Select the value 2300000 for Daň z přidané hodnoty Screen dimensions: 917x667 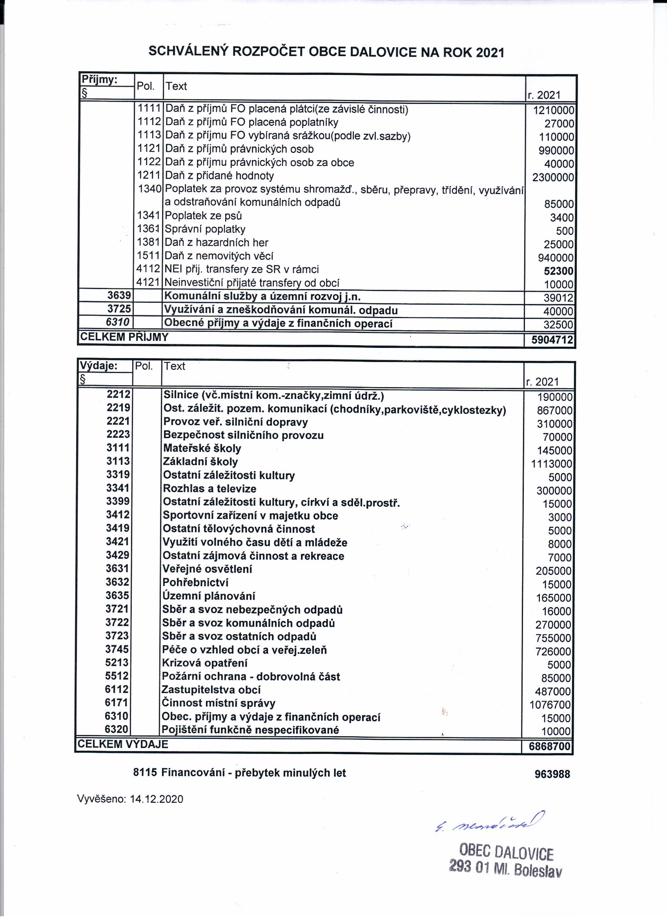tap(553, 177)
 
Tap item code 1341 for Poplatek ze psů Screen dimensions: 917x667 tap(149, 215)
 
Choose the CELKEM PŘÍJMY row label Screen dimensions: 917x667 tap(124, 337)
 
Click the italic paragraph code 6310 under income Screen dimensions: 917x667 tap(118, 322)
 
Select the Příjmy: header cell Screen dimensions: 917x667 tap(100, 80)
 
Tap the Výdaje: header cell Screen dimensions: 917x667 tap(98, 366)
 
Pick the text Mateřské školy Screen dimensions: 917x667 tap(202, 448)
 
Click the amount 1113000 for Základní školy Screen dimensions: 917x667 tap(551, 464)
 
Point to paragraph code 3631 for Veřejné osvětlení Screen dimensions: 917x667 tap(117, 569)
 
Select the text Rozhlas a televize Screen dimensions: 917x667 tap(209, 489)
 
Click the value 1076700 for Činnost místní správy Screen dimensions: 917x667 tap(550, 705)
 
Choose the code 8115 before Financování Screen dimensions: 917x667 tap(145, 773)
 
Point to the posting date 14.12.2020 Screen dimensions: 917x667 tap(157, 799)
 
